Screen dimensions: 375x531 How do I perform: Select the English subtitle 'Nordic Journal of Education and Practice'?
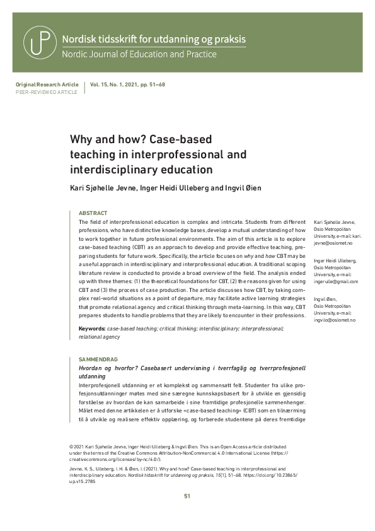click(139, 54)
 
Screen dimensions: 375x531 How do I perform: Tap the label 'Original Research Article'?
click(47, 85)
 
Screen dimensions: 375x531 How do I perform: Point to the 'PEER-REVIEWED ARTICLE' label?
click(46, 92)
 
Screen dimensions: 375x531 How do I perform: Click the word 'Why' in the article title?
click(81, 139)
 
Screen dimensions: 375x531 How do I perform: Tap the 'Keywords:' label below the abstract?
click(91, 329)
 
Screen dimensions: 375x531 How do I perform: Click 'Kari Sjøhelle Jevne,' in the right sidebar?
click(334, 222)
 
